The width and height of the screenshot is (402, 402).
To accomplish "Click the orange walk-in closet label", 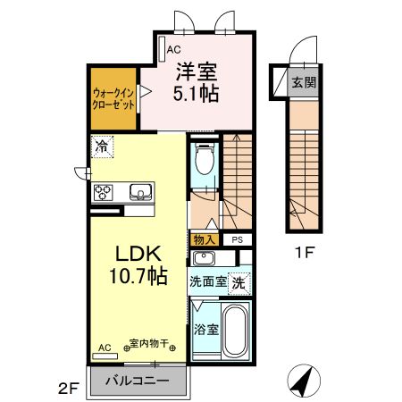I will coord(113,98).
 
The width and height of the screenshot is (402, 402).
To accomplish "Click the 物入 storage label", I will coord(203,239).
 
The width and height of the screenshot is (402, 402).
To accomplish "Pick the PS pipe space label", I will coord(238,239).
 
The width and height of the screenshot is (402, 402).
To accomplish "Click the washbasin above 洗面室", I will coord(204,259).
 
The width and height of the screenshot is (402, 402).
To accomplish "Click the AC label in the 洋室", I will coord(173,50).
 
